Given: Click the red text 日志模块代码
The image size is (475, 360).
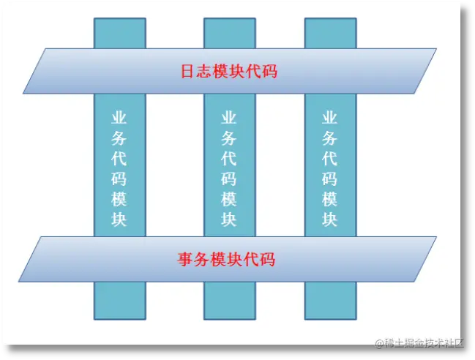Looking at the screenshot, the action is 229,72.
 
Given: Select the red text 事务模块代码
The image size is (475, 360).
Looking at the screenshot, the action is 226,259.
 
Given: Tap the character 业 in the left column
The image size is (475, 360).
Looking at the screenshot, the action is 119,118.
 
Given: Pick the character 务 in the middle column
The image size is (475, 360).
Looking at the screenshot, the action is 229,138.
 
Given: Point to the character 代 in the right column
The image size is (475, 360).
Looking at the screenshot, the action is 330,158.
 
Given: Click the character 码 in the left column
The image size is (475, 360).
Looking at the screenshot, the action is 119,179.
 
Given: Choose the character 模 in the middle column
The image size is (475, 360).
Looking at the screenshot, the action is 229,198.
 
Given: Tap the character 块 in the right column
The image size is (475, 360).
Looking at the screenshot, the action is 330,219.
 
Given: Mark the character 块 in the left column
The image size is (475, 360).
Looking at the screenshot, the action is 119,219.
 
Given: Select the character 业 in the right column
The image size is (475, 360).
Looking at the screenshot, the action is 330,118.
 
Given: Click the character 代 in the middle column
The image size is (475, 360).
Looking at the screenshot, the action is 229,158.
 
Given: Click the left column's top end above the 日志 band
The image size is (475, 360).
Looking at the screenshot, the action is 119,33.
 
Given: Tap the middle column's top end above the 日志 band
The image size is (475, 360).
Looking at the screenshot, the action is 229,33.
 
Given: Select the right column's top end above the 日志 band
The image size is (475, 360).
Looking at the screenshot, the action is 330,33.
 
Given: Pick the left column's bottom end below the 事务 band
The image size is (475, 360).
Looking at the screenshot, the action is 119,301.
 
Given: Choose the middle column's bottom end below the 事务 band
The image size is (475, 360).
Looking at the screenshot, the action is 229,301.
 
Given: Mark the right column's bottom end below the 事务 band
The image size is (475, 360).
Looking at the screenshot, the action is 330,301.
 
